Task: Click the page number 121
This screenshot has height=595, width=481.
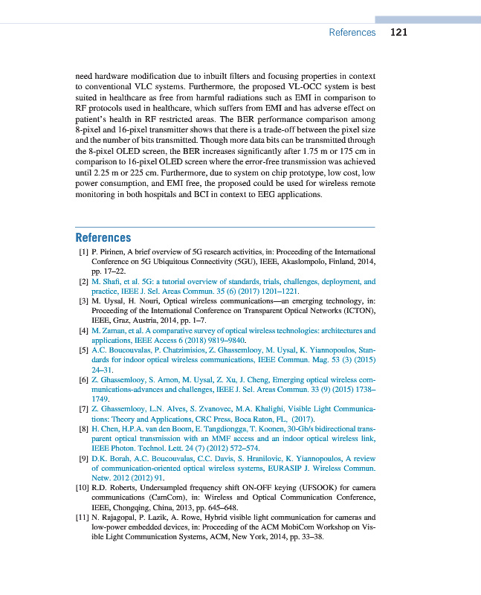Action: (398, 33)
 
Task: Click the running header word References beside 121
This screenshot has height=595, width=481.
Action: (352, 33)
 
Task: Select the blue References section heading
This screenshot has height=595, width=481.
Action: (103, 238)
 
